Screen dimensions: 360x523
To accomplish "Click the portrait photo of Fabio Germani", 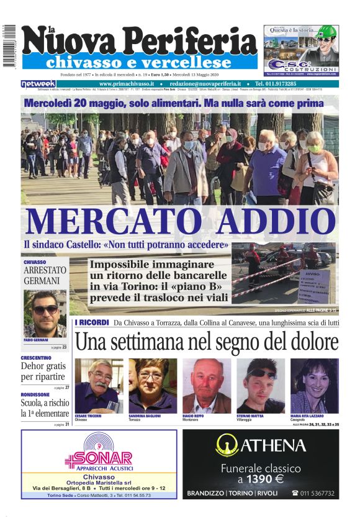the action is coord(45,313).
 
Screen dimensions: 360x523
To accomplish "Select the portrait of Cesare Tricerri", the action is coord(99,386).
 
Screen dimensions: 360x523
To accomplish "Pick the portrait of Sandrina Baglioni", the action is coord(152,386).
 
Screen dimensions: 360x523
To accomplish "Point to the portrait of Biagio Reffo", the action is coord(207,386).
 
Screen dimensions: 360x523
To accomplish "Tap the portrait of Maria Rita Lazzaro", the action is coord(314,386).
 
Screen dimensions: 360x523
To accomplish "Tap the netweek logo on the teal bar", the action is coord(38,84).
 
